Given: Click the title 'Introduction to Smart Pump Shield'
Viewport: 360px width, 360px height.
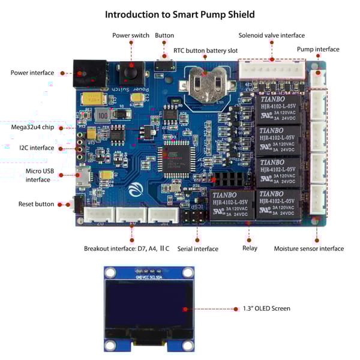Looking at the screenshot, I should click(179, 14).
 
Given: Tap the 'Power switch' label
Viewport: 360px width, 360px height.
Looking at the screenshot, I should click(131, 35).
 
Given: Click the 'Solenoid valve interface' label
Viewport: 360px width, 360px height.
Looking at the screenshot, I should click(271, 35).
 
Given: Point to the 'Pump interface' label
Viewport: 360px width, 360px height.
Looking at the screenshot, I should click(318, 49).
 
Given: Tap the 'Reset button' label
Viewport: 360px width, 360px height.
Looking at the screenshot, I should click(36, 204).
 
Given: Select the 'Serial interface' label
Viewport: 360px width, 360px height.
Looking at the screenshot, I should click(198, 248).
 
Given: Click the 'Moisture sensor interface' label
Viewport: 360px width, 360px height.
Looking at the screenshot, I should click(308, 248).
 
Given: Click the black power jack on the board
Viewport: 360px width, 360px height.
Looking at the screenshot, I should click(88, 73).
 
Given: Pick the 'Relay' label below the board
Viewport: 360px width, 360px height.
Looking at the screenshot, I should click(250, 248).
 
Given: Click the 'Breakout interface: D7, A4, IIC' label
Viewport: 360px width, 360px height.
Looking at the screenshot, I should click(127, 248).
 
